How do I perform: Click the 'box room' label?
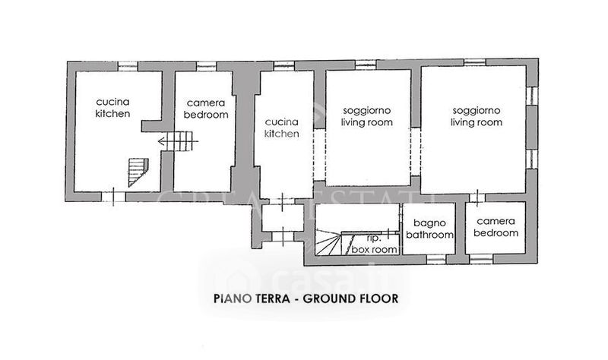pyautogui.click(x=374, y=250)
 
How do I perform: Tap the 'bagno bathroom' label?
pyautogui.click(x=429, y=229)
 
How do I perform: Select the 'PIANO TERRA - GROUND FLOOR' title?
pyautogui.click(x=306, y=298)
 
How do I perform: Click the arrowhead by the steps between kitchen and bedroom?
pyautogui.click(x=162, y=141)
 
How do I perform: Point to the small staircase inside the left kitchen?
pyautogui.click(x=138, y=172)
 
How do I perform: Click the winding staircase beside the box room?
pyautogui.click(x=329, y=242)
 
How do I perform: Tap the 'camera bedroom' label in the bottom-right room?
pyautogui.click(x=496, y=227)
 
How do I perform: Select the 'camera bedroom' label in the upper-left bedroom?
pyautogui.click(x=206, y=109)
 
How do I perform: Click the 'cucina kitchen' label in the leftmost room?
pyautogui.click(x=112, y=108)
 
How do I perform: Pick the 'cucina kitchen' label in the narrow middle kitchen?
pyautogui.click(x=282, y=128)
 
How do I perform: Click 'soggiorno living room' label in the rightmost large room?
pyautogui.click(x=477, y=117)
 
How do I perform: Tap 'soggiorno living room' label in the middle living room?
pyautogui.click(x=366, y=117)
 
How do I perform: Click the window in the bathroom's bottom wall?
pyautogui.click(x=436, y=259)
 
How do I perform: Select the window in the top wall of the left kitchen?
pyautogui.click(x=128, y=66)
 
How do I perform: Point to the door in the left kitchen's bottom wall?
pyautogui.click(x=113, y=197)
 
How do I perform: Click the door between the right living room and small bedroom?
pyautogui.click(x=477, y=197)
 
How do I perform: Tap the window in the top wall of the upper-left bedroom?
pyautogui.click(x=206, y=66)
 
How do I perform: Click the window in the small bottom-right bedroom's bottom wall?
pyautogui.click(x=481, y=259)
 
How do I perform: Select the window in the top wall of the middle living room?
pyautogui.click(x=366, y=65)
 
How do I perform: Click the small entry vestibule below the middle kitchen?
pyautogui.click(x=282, y=218)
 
